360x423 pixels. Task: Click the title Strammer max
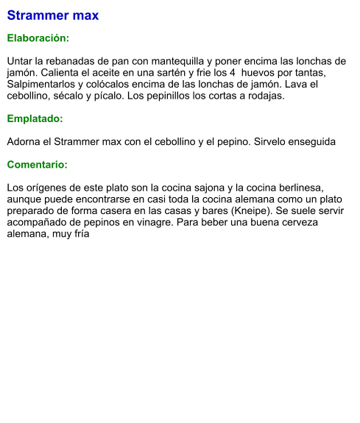pos(52,15)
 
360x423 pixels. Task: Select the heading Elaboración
pos(38,38)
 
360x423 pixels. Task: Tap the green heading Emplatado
pos(35,118)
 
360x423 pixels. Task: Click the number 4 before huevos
pos(233,73)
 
